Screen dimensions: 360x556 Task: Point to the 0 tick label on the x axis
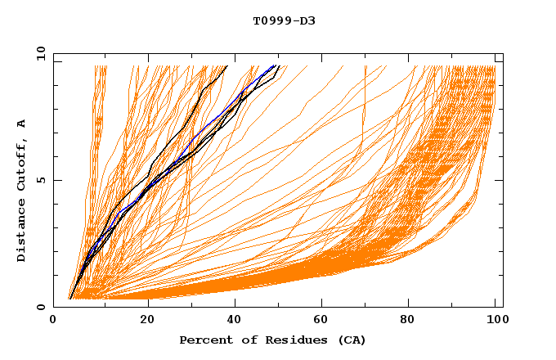point(53,321)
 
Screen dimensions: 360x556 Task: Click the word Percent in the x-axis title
point(203,340)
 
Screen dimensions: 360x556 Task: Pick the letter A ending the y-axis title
point(22,124)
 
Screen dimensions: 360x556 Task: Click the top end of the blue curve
point(275,65)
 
